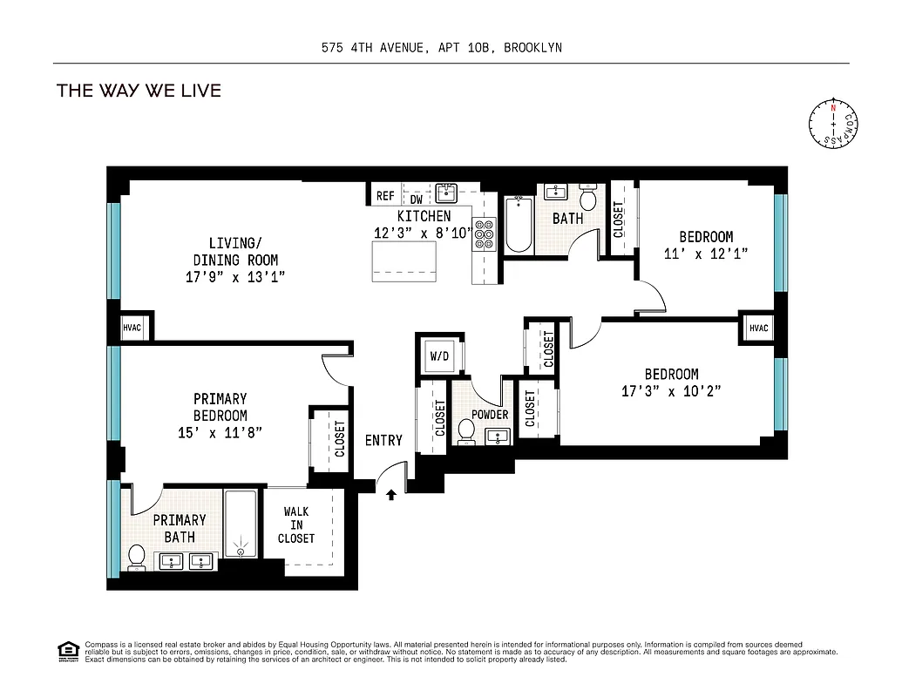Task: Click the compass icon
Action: pos(834,125)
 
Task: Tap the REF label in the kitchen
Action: pos(385,197)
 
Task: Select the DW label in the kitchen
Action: pos(417,200)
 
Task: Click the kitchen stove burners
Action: pos(484,233)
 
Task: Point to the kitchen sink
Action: pos(447,192)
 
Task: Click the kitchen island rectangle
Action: pos(404,261)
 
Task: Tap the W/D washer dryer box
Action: pos(439,355)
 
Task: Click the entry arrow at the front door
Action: pos(391,495)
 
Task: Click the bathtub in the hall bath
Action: pos(519,225)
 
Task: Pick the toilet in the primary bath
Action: pos(137,556)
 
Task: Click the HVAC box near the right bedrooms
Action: pos(758,328)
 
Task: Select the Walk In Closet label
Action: pos(296,525)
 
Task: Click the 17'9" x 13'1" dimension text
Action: pos(235,277)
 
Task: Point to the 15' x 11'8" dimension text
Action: pos(220,431)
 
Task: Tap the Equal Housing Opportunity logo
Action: pos(67,649)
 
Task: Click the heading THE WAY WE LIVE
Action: pos(139,91)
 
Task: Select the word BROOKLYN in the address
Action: pos(534,48)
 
